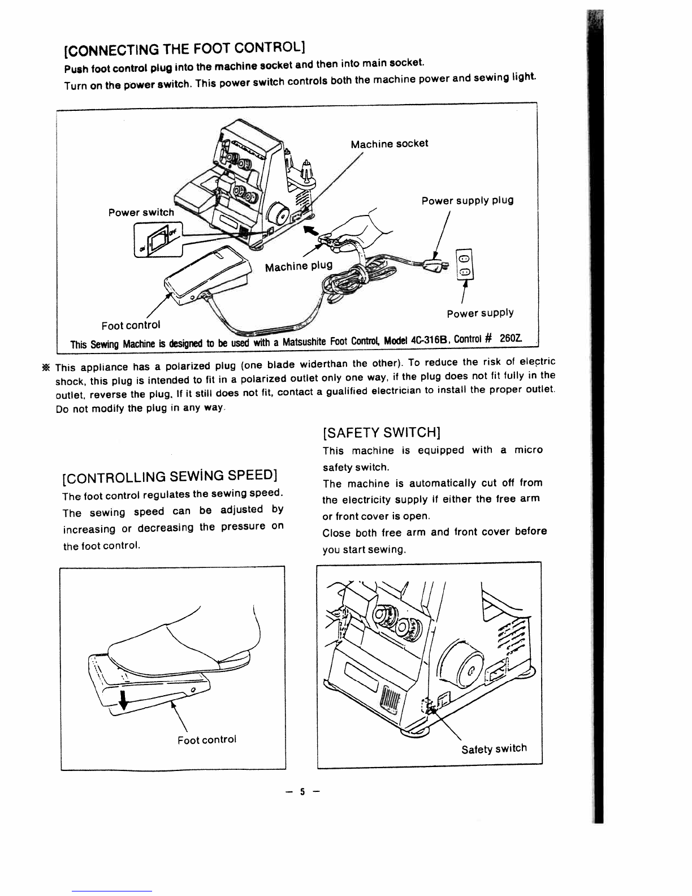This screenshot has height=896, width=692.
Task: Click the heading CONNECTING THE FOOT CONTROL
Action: point(185,49)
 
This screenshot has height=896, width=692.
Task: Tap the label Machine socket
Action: point(389,144)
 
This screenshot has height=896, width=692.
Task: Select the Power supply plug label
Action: point(468,200)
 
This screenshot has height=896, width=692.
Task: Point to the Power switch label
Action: point(141,212)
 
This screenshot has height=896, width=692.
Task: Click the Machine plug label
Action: point(299,266)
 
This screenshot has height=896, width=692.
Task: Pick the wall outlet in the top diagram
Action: point(465,264)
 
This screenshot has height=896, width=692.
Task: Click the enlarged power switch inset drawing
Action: point(158,240)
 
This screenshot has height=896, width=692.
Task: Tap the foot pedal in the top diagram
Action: point(207,274)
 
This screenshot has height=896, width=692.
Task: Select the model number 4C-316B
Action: point(429,341)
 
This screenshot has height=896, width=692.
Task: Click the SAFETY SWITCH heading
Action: point(382,433)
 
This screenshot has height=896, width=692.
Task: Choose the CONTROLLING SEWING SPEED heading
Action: point(170,476)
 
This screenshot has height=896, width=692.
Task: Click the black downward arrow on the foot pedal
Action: point(123,700)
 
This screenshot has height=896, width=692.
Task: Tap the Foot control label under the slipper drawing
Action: point(207,739)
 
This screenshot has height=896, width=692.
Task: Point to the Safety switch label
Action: point(494,748)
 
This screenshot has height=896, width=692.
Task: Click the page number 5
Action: point(302,791)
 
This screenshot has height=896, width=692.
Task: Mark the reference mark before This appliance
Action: point(46,367)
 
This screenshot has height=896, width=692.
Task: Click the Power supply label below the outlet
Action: point(480,313)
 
